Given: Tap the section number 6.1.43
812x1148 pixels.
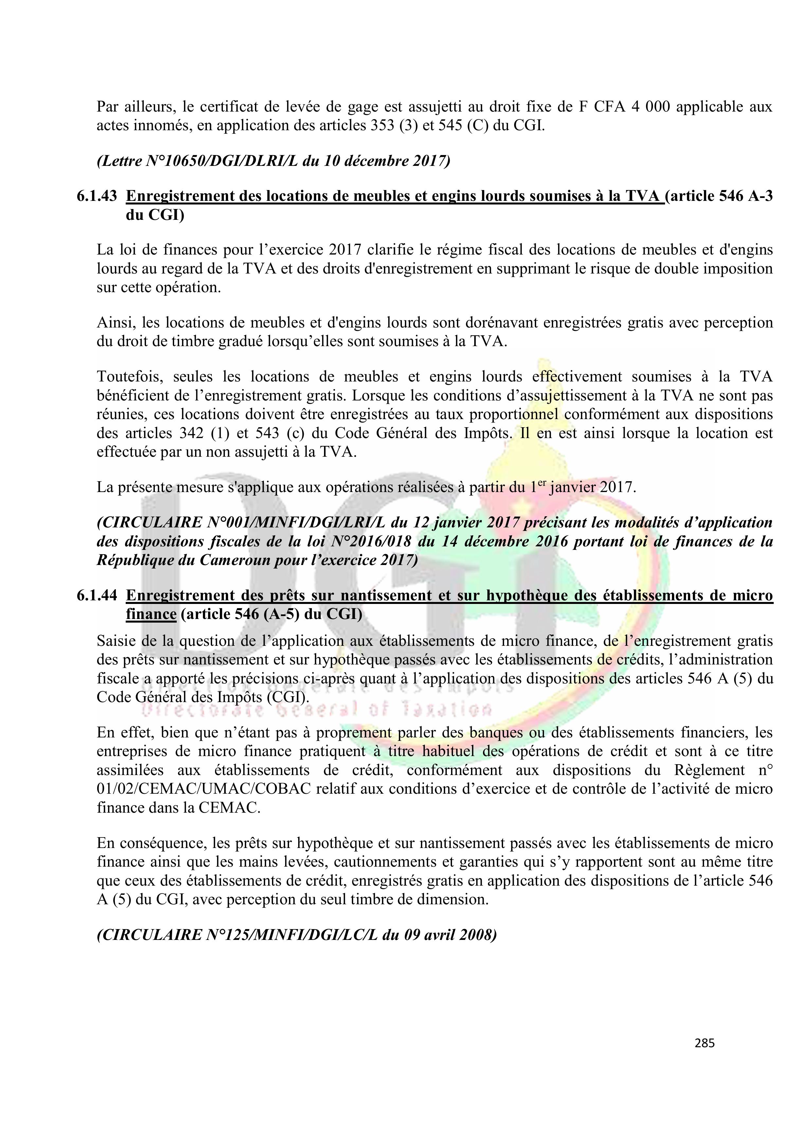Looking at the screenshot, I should (97, 197).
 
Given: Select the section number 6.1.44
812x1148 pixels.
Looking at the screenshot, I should (97, 595).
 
